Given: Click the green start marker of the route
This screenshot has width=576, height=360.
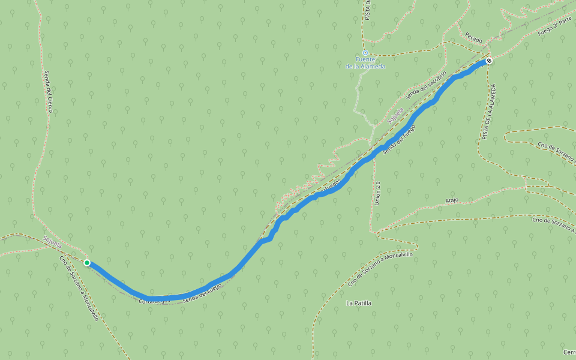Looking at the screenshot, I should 87,263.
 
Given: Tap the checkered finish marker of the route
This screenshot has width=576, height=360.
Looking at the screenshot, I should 490,61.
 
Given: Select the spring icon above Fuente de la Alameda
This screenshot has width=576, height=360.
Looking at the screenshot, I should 365,53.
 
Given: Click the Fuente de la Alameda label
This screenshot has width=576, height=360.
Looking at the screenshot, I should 365,62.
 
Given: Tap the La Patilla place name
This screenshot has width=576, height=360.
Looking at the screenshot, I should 359,303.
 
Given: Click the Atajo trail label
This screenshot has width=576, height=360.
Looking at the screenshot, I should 452,200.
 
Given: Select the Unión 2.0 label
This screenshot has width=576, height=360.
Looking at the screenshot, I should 377,193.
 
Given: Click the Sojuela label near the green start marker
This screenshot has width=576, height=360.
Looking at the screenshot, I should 53,242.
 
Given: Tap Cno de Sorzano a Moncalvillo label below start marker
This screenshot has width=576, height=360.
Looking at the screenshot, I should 79,288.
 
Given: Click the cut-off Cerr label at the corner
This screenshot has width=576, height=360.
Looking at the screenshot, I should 569,352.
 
